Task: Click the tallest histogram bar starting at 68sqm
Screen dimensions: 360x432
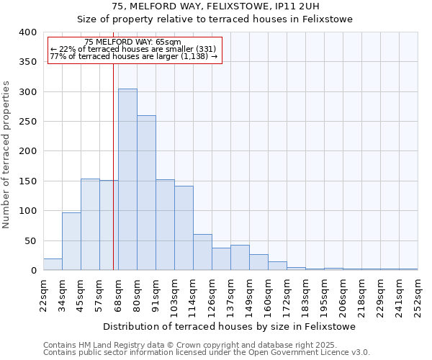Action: click(127, 179)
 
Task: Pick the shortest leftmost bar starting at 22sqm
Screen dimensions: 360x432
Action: click(53, 264)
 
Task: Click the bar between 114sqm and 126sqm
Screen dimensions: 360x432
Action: click(202, 252)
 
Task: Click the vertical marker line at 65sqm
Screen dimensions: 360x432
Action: click(113, 166)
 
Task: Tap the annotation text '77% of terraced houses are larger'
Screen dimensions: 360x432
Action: click(133, 56)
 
